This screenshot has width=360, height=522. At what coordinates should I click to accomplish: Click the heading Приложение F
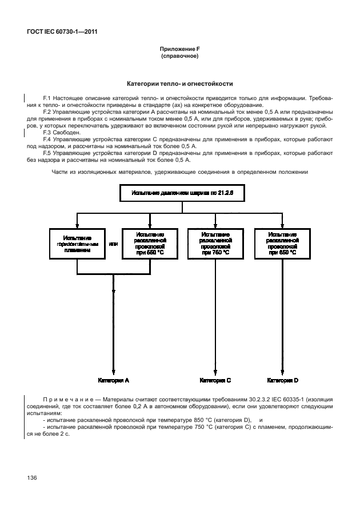pyautogui.click(x=179, y=50)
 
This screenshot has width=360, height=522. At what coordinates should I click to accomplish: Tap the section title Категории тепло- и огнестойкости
pyautogui.click(x=179, y=84)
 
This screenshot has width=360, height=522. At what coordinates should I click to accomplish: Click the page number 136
pyautogui.click(x=30, y=476)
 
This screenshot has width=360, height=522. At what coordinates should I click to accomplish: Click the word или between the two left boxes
pyautogui.click(x=113, y=244)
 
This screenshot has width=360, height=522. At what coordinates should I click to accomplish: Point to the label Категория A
pyautogui.click(x=114, y=380)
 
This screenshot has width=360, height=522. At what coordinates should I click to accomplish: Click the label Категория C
pyautogui.click(x=215, y=380)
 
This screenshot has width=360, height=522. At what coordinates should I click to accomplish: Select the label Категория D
pyautogui.click(x=282, y=380)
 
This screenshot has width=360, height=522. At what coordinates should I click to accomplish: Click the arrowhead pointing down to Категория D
pyautogui.click(x=282, y=370)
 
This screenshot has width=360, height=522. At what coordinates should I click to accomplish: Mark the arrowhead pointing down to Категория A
pyautogui.click(x=114, y=370)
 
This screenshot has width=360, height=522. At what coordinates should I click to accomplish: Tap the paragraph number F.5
pyautogui.click(x=47, y=154)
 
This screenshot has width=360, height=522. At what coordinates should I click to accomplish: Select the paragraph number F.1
pyautogui.click(x=47, y=98)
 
